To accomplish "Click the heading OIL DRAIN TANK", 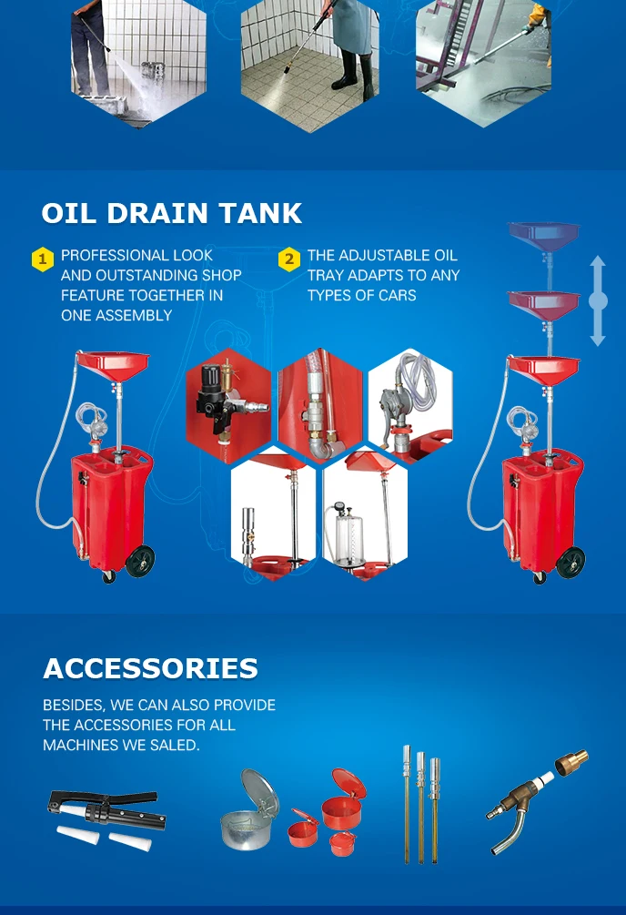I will pyautogui.click(x=171, y=213).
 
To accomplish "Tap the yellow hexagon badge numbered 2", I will pyautogui.click(x=288, y=259).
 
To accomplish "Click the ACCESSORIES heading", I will pyautogui.click(x=150, y=668).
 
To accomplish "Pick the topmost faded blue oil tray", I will pyautogui.click(x=543, y=233).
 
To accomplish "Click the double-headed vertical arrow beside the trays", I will pyautogui.click(x=598, y=300).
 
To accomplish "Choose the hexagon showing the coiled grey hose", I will pyautogui.click(x=409, y=401).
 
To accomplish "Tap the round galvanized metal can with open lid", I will pyautogui.click(x=248, y=815).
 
